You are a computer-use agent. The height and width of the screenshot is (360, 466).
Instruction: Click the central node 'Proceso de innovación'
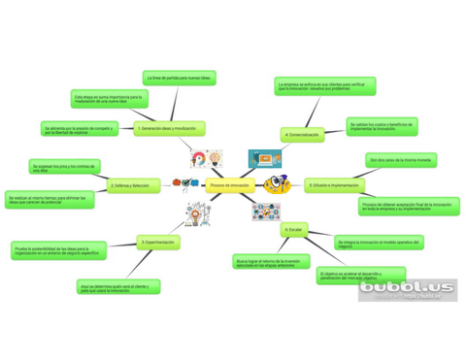pyautogui.click(x=229, y=184)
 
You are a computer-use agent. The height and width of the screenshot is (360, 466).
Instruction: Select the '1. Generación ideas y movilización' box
pyautogui.click(x=168, y=128)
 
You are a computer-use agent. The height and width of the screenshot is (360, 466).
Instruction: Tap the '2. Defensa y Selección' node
pyautogui.click(x=130, y=184)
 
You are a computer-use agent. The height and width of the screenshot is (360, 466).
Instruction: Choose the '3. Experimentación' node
pyautogui.click(x=157, y=242)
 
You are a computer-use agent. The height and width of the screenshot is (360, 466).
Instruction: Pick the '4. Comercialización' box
pyautogui.click(x=302, y=135)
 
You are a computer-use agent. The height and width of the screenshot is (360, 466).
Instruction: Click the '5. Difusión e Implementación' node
pyautogui.click(x=334, y=184)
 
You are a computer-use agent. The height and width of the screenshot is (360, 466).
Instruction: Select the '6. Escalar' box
pyautogui.click(x=294, y=230)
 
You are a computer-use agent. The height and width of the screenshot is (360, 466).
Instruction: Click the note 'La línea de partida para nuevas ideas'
pyautogui.click(x=179, y=77)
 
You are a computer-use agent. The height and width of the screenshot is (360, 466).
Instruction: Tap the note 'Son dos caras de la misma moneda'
pyautogui.click(x=400, y=160)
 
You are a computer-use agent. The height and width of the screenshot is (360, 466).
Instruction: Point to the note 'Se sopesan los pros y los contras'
pyautogui.click(x=65, y=168)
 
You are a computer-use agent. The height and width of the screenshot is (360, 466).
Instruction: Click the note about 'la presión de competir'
pyautogui.click(x=79, y=129)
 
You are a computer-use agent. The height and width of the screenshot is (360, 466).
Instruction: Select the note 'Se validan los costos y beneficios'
pyautogui.click(x=382, y=127)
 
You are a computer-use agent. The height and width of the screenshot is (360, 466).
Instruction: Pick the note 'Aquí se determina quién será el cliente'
pyautogui.click(x=117, y=287)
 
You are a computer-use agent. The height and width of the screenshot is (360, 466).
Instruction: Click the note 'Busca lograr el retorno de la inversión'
pyautogui.click(x=267, y=262)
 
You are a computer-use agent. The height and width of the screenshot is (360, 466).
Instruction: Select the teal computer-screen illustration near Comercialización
pyautogui.click(x=264, y=158)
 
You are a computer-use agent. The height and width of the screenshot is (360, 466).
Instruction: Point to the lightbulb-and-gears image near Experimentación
pyautogui.click(x=198, y=213)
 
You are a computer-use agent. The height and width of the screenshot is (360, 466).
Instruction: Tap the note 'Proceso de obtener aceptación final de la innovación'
pyautogui.click(x=408, y=207)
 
